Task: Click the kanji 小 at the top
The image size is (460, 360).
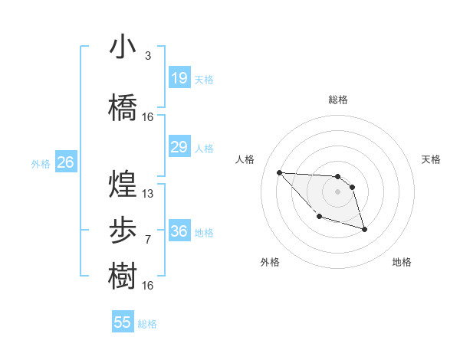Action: click(x=123, y=47)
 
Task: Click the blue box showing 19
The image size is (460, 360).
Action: click(x=179, y=78)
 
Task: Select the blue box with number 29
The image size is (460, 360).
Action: click(x=179, y=147)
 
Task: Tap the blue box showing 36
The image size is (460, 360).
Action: click(x=179, y=231)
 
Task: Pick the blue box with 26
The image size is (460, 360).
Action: click(x=65, y=162)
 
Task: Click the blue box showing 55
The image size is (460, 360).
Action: click(x=123, y=322)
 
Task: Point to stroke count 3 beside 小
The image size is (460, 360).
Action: click(x=147, y=56)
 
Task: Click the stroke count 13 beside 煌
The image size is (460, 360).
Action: click(x=148, y=194)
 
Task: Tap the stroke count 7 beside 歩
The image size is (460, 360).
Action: click(x=147, y=240)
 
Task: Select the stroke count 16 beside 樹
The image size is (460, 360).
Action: click(x=148, y=285)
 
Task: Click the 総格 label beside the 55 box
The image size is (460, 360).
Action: click(x=147, y=324)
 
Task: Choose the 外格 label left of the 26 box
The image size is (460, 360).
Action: click(x=41, y=163)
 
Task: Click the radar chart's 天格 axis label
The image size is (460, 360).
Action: click(x=431, y=159)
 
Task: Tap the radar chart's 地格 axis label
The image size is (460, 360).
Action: click(x=402, y=262)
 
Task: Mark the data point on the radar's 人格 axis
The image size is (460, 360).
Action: click(x=279, y=172)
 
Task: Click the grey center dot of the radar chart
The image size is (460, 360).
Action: click(x=337, y=191)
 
